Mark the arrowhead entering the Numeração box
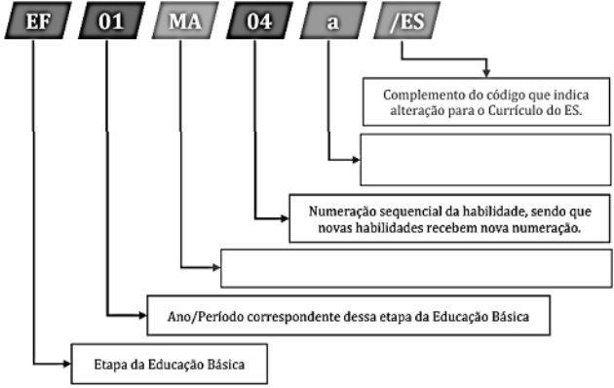pos(284,216)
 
